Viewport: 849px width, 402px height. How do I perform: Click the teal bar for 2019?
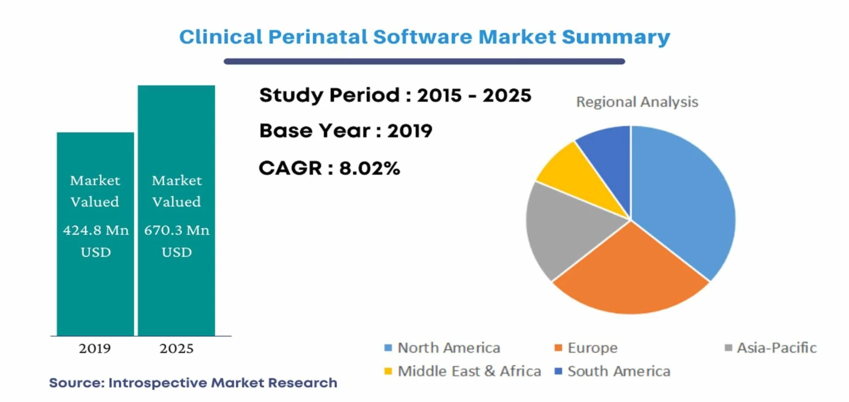pyautogui.click(x=95, y=234)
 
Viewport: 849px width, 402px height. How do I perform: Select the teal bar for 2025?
pyautogui.click(x=176, y=210)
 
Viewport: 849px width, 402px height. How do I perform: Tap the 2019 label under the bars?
pyautogui.click(x=95, y=348)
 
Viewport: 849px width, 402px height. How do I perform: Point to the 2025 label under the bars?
pyautogui.click(x=176, y=348)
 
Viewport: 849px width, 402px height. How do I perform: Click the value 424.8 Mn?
pyautogui.click(x=96, y=230)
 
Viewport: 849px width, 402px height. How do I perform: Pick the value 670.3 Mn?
pyautogui.click(x=176, y=230)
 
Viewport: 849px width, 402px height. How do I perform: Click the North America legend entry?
pyautogui.click(x=442, y=348)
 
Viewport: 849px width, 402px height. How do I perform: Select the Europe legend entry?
pyautogui.click(x=586, y=348)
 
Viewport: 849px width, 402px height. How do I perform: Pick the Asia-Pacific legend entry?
pyautogui.click(x=770, y=348)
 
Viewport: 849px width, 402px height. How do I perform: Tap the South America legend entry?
pyautogui.click(x=612, y=371)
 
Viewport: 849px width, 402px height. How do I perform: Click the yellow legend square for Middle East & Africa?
pyautogui.click(x=388, y=371)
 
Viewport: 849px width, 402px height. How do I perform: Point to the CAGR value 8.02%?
pyautogui.click(x=370, y=168)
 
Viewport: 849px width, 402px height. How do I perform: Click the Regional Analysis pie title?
pyautogui.click(x=637, y=102)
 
